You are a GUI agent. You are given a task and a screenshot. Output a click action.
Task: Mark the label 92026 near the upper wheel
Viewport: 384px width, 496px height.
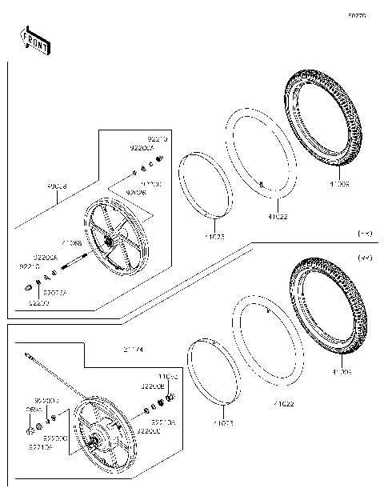click(x=136, y=192)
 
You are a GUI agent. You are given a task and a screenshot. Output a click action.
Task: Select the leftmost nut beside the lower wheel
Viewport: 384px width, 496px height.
click(x=30, y=432)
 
